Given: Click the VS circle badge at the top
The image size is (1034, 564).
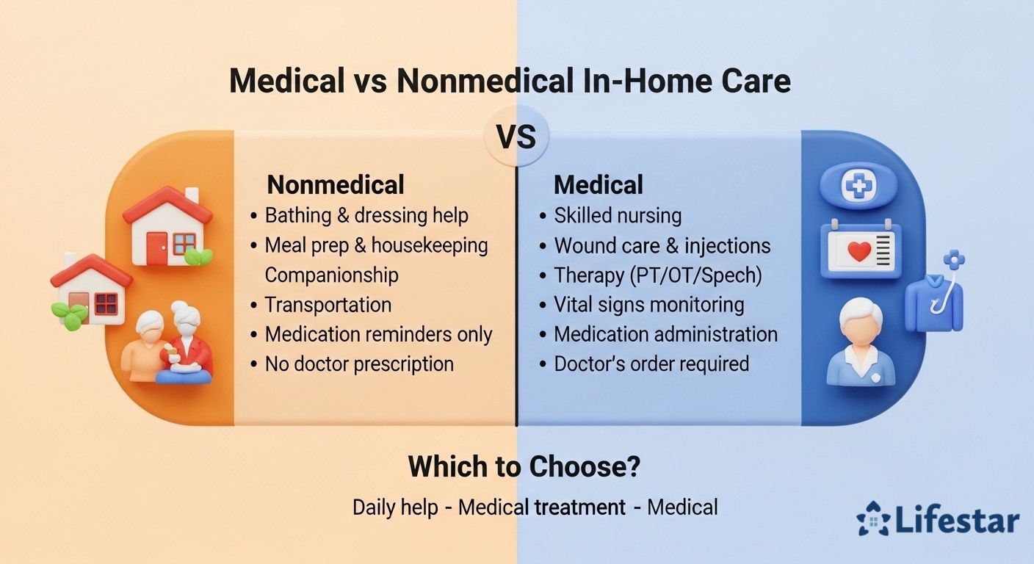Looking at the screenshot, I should click(516, 137).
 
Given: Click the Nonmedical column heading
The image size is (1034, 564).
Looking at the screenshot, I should click(336, 184).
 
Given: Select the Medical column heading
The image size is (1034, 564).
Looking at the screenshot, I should click(599, 184).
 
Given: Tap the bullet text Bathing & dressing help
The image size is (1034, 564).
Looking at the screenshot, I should click(366, 216).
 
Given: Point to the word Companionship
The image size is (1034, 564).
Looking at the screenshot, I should click(331, 275).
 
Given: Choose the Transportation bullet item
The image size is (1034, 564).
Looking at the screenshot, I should click(328, 305).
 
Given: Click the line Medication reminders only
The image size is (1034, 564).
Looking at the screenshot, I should click(378, 334).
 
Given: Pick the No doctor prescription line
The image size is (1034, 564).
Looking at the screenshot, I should click(359, 364).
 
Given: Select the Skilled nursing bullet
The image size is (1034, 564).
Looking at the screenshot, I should click(618, 216).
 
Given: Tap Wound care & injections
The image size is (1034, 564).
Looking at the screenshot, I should click(662, 245).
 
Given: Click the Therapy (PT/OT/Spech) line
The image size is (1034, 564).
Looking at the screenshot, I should click(657, 275).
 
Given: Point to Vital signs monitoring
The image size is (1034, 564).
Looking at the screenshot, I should click(648, 305).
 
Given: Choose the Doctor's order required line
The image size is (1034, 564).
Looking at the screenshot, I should click(651, 364).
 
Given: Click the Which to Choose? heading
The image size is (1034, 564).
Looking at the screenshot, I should click(524, 466).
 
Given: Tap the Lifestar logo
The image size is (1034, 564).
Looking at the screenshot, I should click(938, 521).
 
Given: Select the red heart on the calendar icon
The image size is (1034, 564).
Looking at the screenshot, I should click(858, 252).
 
